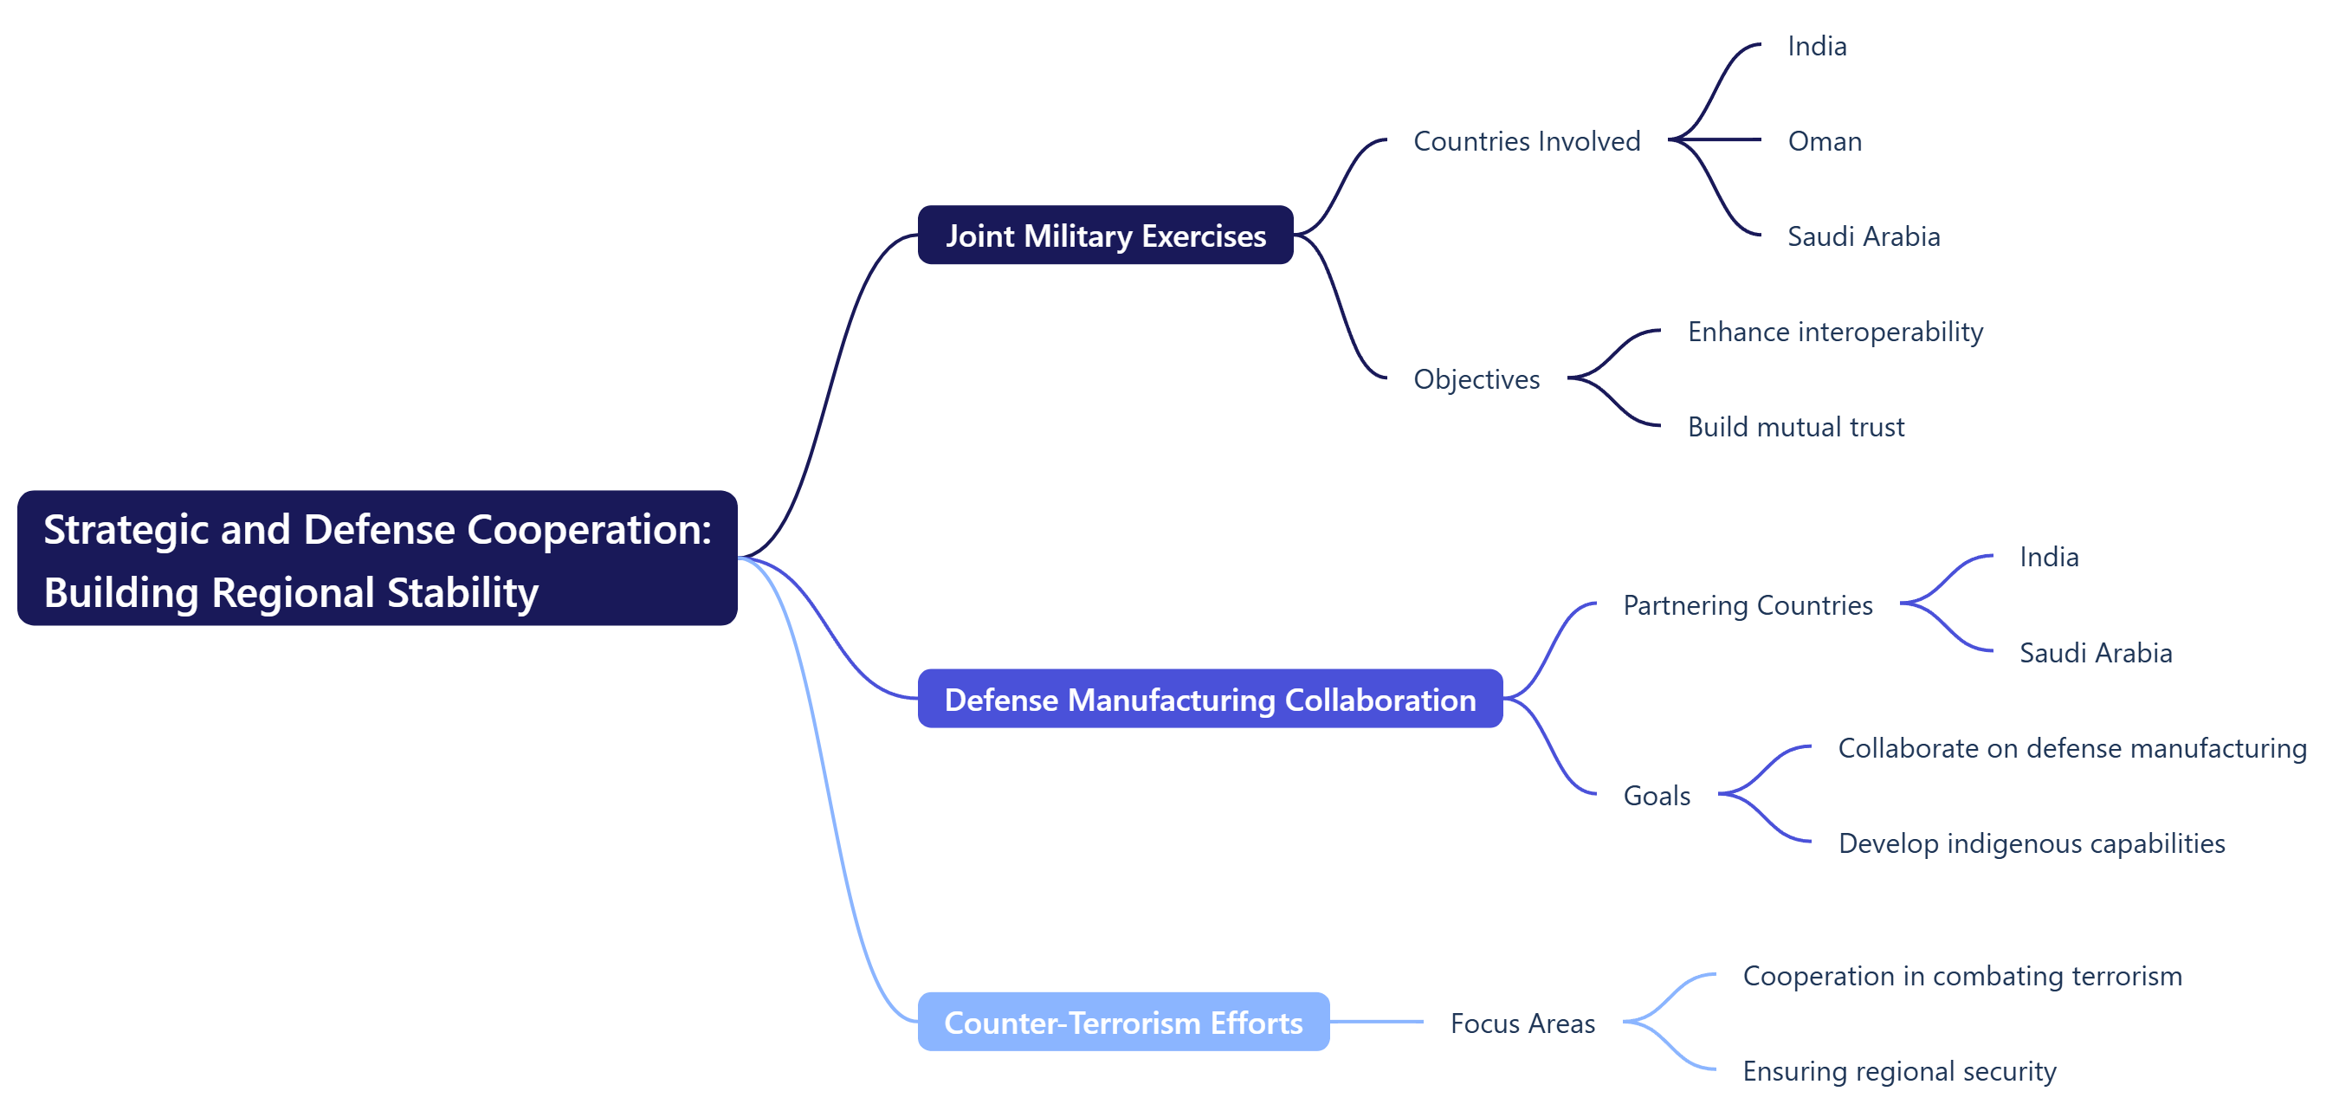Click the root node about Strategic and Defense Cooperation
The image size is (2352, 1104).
[377, 558]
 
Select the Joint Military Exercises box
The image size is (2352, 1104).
[1105, 236]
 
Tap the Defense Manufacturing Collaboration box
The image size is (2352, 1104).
[1209, 700]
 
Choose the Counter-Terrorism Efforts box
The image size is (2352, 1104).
[1122, 1022]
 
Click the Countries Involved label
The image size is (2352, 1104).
[1526, 140]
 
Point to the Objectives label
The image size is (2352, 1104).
[1476, 379]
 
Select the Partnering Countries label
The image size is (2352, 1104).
[1747, 604]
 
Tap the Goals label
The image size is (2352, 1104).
[1656, 796]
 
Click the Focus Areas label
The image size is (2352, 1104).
[1522, 1023]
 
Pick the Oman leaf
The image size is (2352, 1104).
[1824, 140]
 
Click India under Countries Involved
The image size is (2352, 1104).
[1816, 46]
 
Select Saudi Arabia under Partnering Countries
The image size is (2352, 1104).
[2095, 653]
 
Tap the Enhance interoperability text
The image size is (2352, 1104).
[1834, 332]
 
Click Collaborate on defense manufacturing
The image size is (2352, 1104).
[2071, 748]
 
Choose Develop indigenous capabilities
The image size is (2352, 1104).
[2031, 843]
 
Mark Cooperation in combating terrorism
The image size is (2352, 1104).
[1961, 975]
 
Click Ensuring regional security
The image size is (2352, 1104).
[1898, 1070]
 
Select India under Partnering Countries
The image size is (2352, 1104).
[2048, 557]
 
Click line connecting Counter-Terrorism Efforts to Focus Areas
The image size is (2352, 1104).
[1375, 1022]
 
